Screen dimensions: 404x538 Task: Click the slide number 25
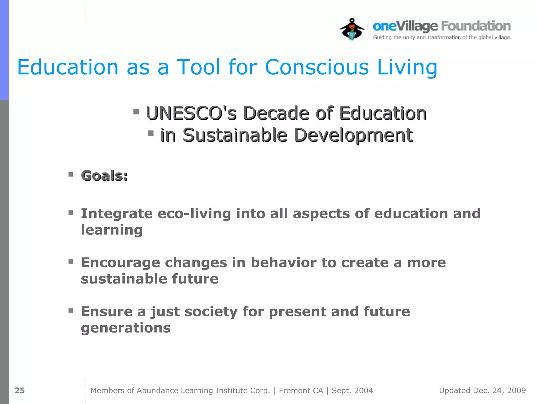click(x=20, y=390)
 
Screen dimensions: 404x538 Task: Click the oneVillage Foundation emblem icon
click(x=352, y=29)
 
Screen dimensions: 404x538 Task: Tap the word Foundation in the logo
click(x=476, y=26)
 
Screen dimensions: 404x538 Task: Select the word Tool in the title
click(x=198, y=67)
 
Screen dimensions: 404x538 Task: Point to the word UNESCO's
click(x=191, y=113)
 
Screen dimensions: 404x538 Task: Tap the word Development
click(x=353, y=135)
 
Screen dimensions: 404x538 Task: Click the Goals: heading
click(x=104, y=175)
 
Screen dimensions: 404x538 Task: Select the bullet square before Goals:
click(x=71, y=174)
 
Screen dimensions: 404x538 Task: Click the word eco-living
click(x=194, y=213)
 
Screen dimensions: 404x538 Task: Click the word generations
click(x=126, y=328)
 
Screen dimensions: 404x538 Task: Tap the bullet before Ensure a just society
click(x=71, y=311)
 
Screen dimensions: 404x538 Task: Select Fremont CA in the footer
click(x=301, y=391)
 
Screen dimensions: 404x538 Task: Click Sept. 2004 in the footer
click(x=352, y=391)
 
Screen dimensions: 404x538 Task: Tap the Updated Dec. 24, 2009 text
click(x=482, y=391)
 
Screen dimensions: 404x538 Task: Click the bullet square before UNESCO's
click(x=136, y=112)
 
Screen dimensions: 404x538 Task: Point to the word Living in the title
click(x=407, y=67)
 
